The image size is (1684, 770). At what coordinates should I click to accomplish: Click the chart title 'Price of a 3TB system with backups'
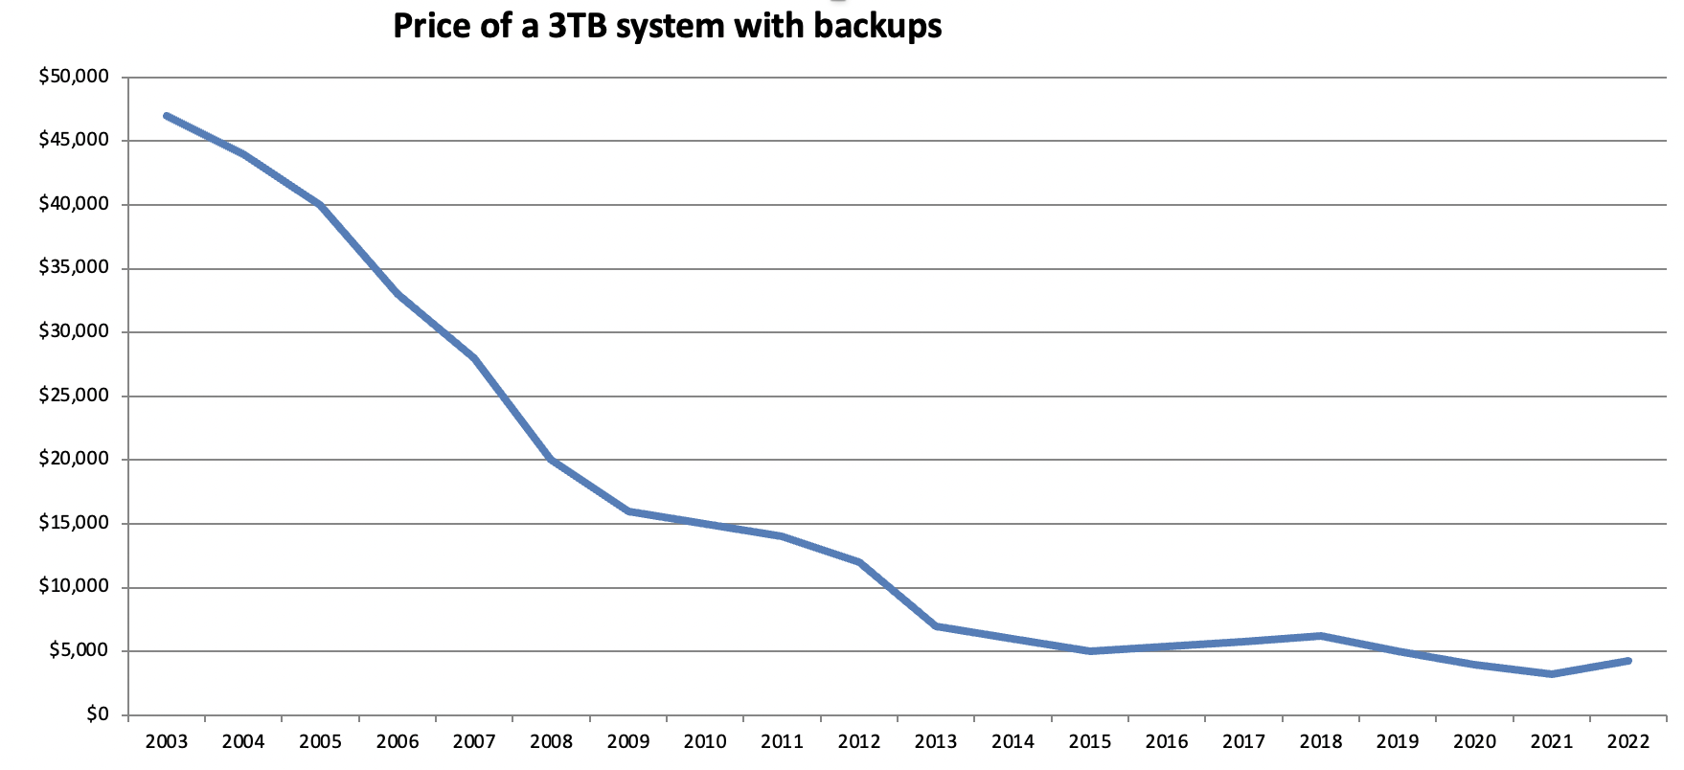tap(667, 26)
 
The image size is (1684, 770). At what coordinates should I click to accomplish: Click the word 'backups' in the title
tap(877, 26)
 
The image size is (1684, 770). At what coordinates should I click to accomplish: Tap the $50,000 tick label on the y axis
tap(74, 77)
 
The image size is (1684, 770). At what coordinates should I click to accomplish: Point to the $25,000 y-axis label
tap(74, 396)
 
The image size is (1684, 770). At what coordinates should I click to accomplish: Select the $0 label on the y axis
tap(97, 714)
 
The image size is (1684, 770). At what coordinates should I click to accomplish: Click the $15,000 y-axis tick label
tap(74, 523)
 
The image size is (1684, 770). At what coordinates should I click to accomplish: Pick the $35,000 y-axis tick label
tap(74, 268)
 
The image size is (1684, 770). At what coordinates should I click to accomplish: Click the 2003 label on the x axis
tap(167, 742)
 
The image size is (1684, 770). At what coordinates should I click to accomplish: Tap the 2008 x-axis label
tap(552, 742)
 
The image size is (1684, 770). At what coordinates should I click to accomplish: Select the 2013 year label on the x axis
tap(936, 742)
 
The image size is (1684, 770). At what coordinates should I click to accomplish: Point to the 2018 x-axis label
tap(1321, 742)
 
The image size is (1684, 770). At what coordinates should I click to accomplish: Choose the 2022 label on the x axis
tap(1628, 742)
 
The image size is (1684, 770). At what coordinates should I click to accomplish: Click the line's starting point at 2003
tap(167, 116)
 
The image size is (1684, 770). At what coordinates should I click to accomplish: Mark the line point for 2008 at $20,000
tap(552, 460)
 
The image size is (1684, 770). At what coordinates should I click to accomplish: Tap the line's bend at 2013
tap(936, 625)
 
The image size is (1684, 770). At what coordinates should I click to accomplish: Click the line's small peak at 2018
tap(1321, 636)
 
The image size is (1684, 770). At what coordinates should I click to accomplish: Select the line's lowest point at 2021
tap(1552, 674)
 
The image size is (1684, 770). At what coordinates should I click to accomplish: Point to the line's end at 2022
tap(1628, 661)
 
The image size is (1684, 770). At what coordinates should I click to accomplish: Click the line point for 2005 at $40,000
tap(320, 205)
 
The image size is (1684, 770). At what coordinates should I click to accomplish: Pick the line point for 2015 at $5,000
tap(1090, 651)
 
